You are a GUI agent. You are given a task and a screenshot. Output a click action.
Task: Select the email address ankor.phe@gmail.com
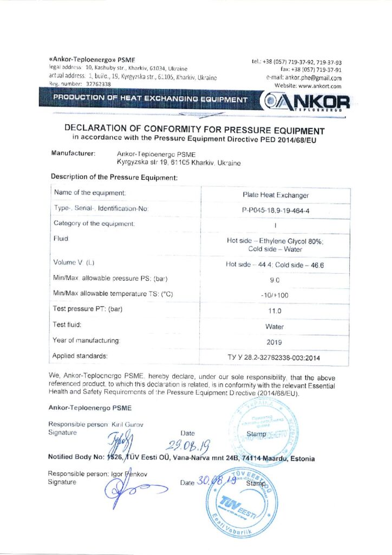(311, 78)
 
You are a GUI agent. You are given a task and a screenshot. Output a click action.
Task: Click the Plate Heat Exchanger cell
(275, 195)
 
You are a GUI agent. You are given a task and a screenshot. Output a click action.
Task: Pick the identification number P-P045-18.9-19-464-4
(275, 209)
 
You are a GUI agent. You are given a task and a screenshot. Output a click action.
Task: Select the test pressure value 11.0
(275, 311)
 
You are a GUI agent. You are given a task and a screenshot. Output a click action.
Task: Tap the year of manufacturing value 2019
(275, 342)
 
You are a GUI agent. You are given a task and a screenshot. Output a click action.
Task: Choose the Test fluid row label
(67, 325)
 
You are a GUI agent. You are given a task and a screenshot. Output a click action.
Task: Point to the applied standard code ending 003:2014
(275, 357)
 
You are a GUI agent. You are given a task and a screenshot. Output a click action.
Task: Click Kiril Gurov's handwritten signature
(119, 441)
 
